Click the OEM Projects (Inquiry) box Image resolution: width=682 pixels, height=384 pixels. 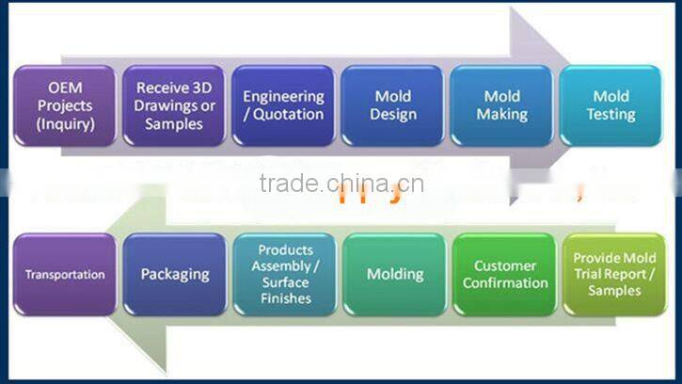(64, 105)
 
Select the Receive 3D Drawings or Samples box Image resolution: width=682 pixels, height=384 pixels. (175, 105)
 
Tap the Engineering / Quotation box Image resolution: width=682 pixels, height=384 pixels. (283, 105)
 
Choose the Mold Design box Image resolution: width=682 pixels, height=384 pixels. (392, 105)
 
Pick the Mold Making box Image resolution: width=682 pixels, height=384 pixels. (501, 105)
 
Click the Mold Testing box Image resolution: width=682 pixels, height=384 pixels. (611, 105)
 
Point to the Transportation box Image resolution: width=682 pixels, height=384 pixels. (64, 275)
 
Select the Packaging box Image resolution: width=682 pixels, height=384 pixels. (175, 275)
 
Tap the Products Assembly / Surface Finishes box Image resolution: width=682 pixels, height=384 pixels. (283, 275)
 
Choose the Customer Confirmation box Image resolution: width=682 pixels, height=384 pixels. (505, 275)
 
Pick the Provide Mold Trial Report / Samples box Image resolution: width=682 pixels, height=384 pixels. (614, 275)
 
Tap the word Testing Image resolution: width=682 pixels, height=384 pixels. (611, 115)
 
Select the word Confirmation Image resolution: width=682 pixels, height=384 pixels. (505, 283)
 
